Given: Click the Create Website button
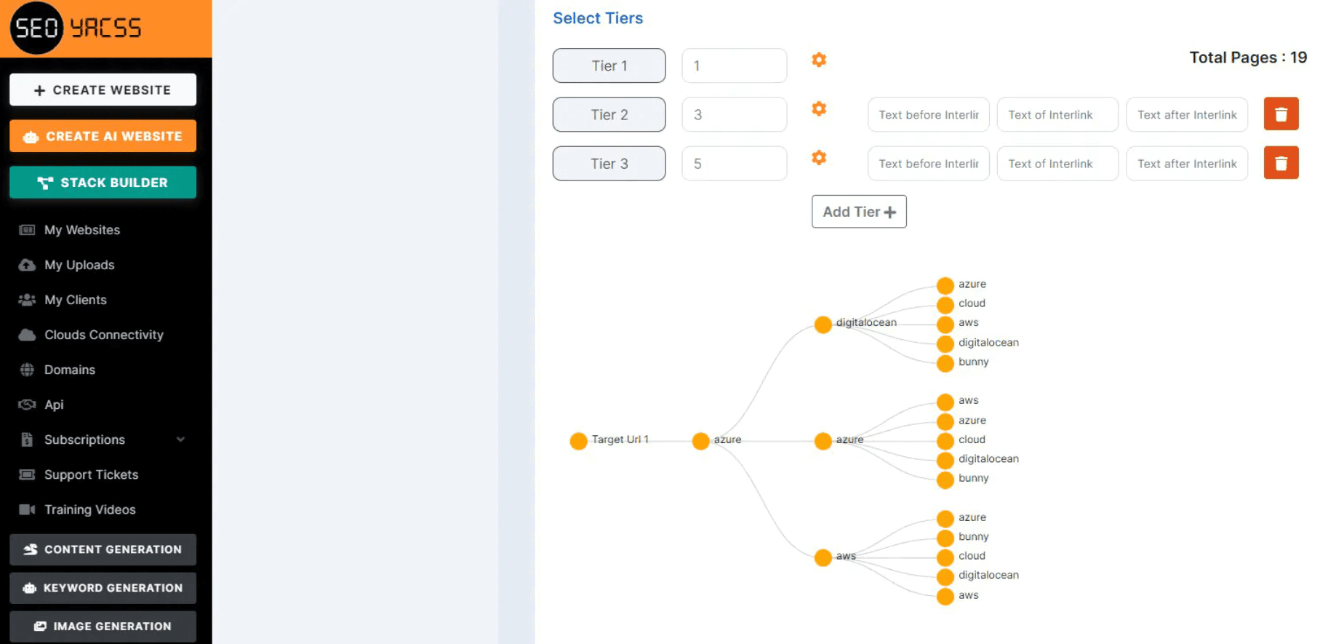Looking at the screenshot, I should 103,90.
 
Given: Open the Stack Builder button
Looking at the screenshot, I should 103,183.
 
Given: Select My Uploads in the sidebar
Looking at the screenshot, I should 79,265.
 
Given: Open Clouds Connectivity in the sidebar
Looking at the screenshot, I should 103,335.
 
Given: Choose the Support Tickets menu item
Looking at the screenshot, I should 91,474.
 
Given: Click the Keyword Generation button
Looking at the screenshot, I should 103,588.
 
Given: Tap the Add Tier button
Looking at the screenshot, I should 859,212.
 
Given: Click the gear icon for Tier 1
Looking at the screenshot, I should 819,60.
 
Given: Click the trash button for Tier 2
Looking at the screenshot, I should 1281,114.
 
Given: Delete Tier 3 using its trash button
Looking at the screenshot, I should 1281,163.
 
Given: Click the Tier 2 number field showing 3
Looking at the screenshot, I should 734,115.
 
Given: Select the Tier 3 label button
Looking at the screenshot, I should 609,164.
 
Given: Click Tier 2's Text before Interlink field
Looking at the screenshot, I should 928,115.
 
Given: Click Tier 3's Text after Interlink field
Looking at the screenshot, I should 1186,164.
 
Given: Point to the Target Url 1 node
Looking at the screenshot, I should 579,441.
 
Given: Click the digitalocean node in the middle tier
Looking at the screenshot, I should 823,325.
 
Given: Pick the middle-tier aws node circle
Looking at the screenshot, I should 823,557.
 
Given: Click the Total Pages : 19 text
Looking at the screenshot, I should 1247,57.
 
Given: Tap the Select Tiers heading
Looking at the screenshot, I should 598,18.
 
